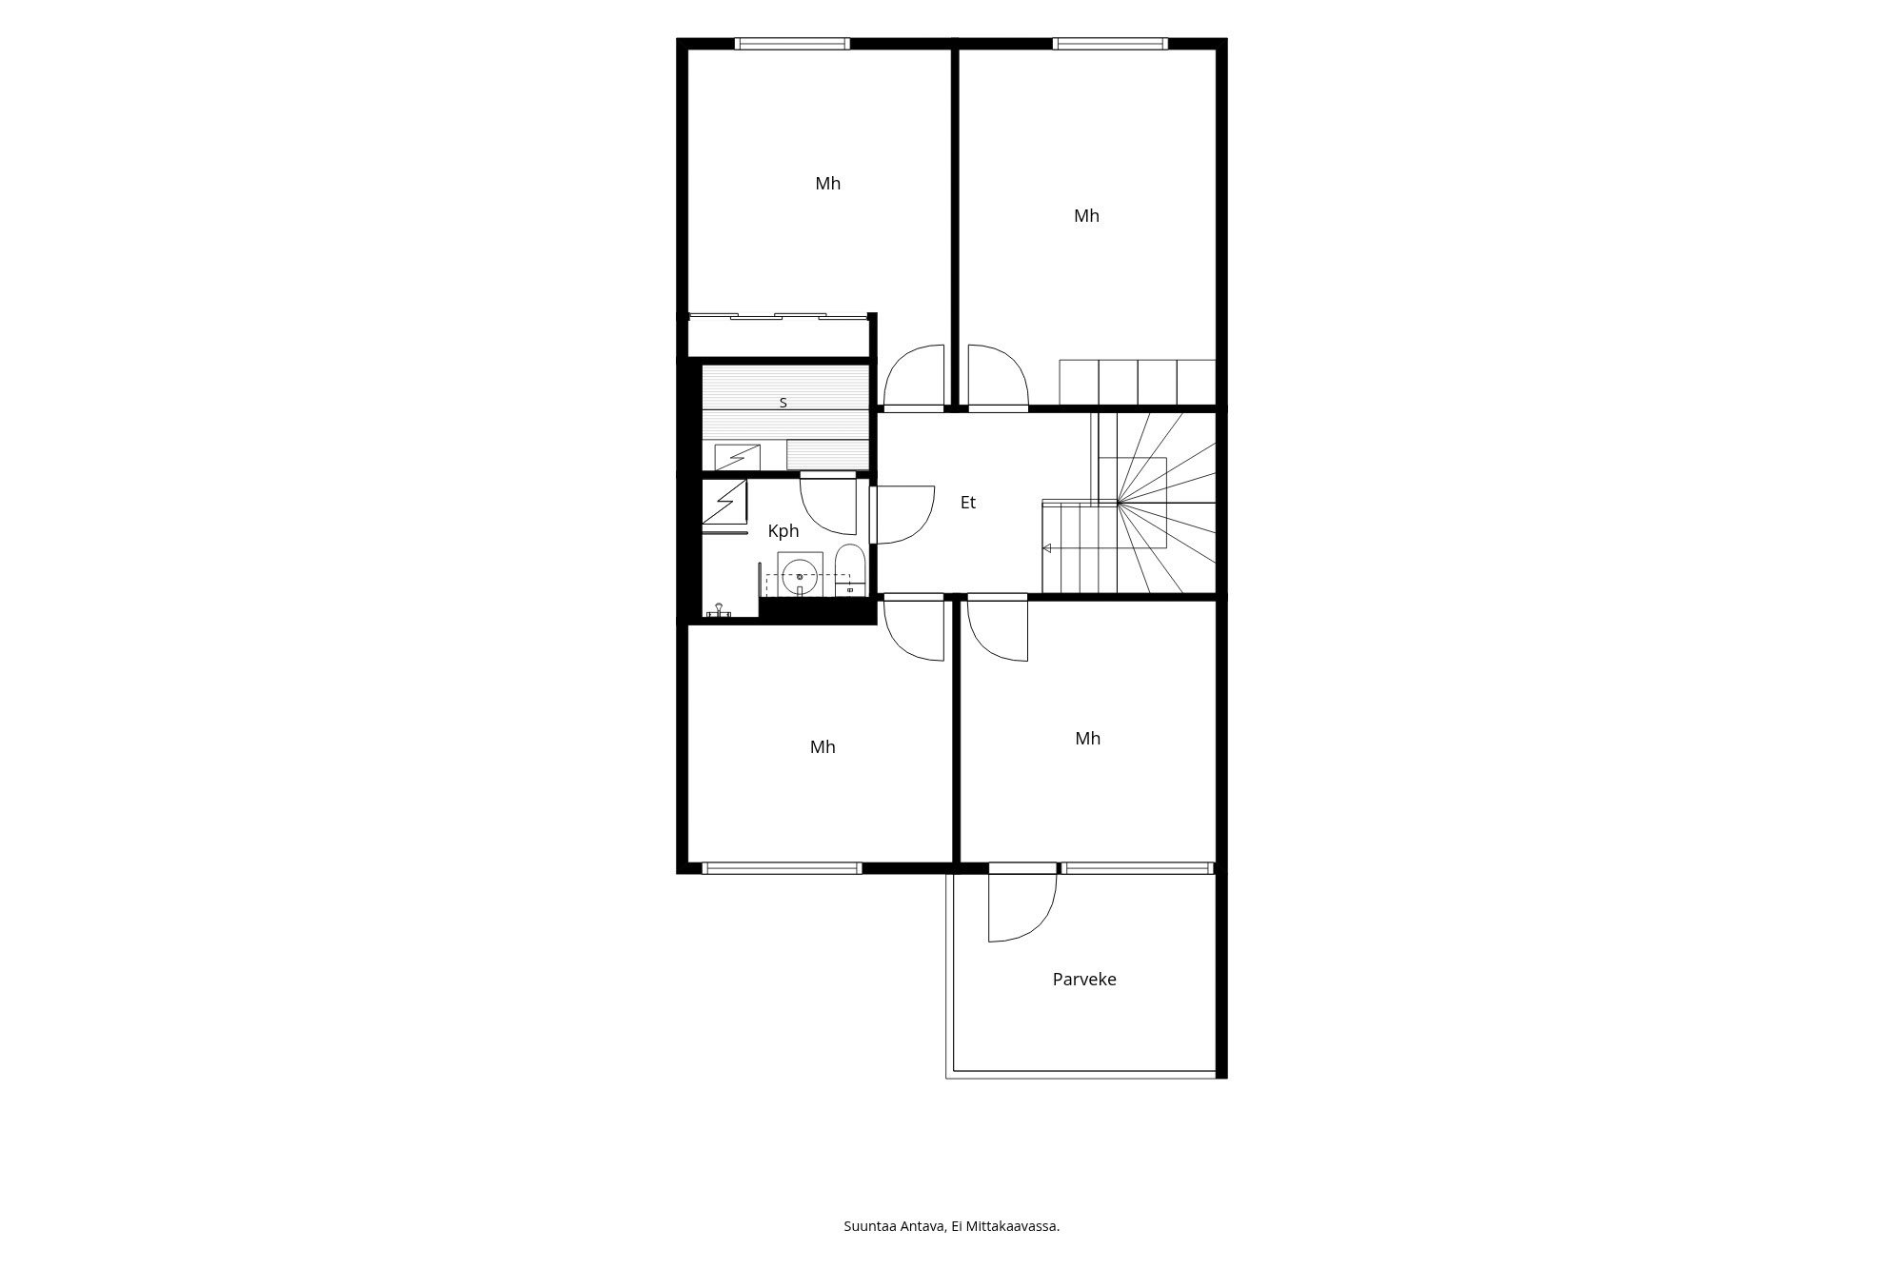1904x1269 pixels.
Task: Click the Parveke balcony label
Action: pos(1084,979)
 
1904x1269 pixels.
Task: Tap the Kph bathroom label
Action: pos(783,531)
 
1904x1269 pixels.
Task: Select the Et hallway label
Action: pos(968,503)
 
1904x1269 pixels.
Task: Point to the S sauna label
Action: pos(783,403)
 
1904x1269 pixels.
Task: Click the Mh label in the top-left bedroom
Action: pos(828,184)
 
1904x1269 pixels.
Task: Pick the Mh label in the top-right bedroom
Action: pos(1086,216)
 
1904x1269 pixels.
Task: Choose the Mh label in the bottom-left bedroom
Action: pos(823,747)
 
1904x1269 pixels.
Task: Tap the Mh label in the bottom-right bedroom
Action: pos(1088,739)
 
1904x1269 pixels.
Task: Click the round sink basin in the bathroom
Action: pos(800,575)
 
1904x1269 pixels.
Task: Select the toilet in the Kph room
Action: pos(849,570)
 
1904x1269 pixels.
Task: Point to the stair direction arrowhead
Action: pos(1047,548)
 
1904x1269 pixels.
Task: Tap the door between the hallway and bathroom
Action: pos(902,514)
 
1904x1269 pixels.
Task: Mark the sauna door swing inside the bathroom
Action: pos(828,506)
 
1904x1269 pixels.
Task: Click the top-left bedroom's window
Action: pos(792,43)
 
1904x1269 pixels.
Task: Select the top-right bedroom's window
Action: pos(1110,43)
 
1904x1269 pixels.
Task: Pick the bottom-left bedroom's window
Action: pos(782,868)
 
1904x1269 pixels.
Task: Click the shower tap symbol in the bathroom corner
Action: pos(719,609)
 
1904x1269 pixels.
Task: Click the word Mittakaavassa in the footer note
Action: pos(1012,1226)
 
